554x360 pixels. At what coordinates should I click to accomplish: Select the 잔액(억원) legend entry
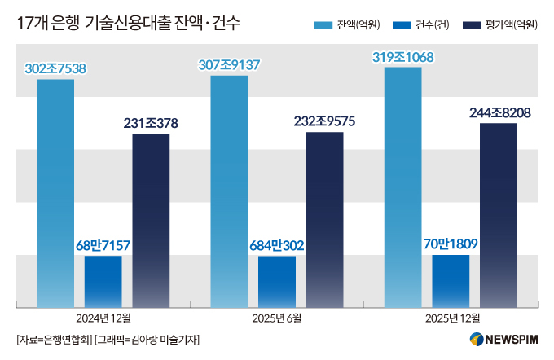347,25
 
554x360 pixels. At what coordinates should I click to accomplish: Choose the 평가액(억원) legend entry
499,25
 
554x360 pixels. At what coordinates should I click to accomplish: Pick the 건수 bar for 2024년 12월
103,282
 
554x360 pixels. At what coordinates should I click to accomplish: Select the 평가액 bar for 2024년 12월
151,221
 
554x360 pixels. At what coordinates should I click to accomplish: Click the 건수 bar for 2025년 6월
276,282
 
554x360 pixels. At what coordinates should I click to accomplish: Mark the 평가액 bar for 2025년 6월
324,220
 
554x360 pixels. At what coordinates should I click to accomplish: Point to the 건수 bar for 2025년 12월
451,281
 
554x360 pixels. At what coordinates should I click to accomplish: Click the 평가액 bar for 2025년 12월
499,215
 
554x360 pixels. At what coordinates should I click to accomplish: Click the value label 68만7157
103,244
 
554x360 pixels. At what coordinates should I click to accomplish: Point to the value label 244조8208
499,112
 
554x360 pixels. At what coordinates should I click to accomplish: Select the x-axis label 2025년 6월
276,318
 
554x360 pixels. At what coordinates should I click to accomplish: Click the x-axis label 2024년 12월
103,318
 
